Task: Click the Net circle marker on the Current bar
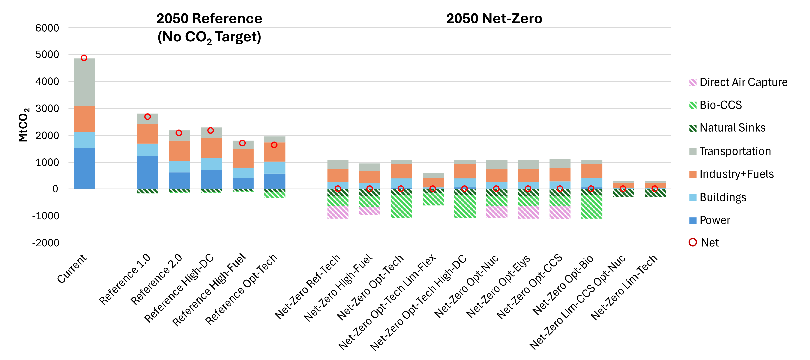point(84,58)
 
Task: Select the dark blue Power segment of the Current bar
point(84,168)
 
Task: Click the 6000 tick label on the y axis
point(47,28)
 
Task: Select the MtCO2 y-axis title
point(24,125)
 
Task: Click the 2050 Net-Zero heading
point(494,19)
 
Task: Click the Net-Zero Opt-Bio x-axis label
point(563,285)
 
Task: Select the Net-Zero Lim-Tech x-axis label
point(624,288)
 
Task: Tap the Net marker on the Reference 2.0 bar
point(179,133)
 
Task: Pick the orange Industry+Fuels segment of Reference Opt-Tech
point(275,152)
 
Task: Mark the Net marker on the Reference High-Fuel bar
point(243,143)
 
